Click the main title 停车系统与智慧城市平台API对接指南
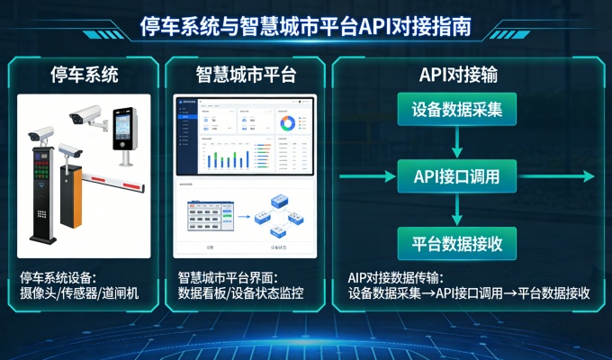[x=305, y=26]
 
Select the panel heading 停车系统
[x=85, y=73]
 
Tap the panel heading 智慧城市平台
[x=246, y=73]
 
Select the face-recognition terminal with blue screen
[x=123, y=130]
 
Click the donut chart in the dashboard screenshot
[x=286, y=122]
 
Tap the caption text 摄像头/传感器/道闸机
[x=79, y=293]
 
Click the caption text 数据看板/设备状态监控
[x=240, y=293]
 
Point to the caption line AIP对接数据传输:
[x=395, y=278]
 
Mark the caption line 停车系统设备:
[x=58, y=278]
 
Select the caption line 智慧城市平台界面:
[x=229, y=278]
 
